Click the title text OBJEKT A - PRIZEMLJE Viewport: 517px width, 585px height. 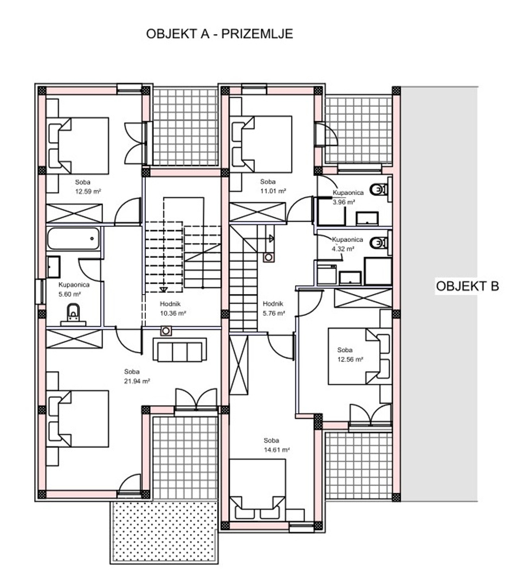(219, 34)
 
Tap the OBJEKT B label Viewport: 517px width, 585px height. (467, 286)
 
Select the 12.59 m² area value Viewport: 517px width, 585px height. (88, 192)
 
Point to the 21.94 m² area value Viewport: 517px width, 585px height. (137, 381)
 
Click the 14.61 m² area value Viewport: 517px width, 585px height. (277, 450)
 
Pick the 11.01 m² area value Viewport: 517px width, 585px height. (273, 191)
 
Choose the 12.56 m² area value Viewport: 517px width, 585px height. (350, 360)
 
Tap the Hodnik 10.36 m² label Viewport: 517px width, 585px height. (173, 309)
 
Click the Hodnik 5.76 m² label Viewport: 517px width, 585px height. (274, 309)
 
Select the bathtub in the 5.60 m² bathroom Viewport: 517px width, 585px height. (74, 238)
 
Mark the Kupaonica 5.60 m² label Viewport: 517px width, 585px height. (74, 289)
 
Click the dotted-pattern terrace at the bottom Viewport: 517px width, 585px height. (164, 532)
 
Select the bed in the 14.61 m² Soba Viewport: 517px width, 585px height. (257, 489)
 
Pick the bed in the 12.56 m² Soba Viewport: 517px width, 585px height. (360, 356)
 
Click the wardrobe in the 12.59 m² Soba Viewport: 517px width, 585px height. (74, 213)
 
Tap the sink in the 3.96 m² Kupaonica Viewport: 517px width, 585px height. (367, 219)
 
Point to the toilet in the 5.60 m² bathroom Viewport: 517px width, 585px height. (73, 314)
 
